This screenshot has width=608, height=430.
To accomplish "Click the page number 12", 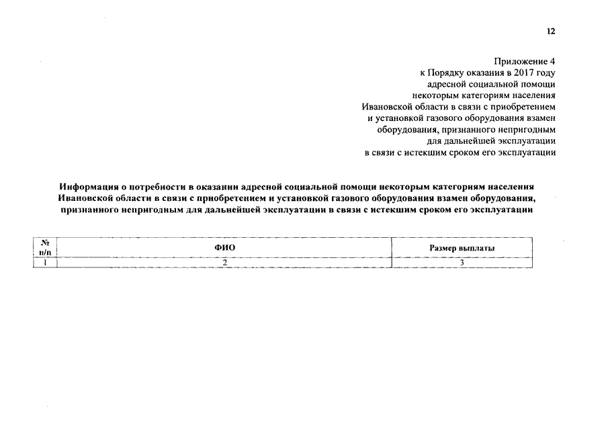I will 551,32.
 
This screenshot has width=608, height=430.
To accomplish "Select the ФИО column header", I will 225,248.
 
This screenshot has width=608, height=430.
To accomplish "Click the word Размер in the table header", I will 444,248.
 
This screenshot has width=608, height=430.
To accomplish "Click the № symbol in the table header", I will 46,243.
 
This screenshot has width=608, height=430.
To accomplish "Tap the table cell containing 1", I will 46,263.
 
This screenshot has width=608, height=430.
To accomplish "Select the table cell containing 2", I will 225,263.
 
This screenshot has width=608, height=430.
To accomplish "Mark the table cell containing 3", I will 462,263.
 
